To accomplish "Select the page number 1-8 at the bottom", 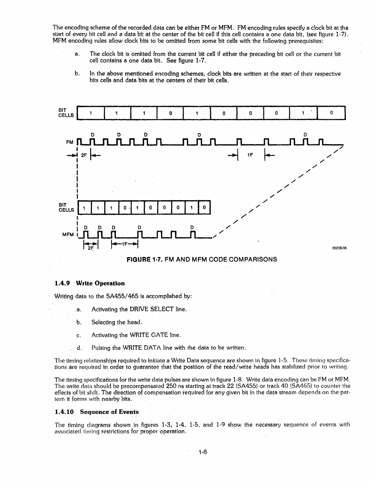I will tap(204, 452).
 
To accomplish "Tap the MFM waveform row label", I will tap(68, 235).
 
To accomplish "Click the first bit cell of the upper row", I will tap(91, 113).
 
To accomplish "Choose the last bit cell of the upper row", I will tap(331, 113).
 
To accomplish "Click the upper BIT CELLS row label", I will tap(66, 113).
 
